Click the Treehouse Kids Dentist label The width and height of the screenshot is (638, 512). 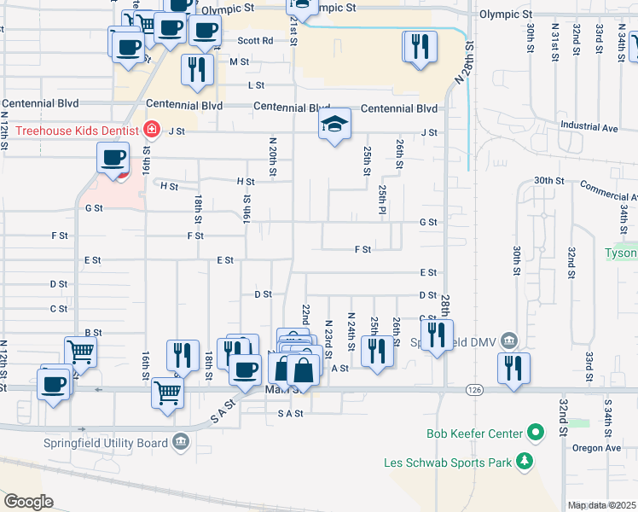click(x=71, y=130)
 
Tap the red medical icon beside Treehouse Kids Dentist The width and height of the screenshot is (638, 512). click(x=152, y=130)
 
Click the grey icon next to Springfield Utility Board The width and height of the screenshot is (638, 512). click(x=181, y=442)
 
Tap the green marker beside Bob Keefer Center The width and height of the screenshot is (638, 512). click(x=536, y=433)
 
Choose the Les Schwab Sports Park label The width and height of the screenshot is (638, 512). click(x=446, y=463)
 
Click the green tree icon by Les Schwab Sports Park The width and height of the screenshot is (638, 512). click(x=525, y=463)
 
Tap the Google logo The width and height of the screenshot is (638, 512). click(x=29, y=502)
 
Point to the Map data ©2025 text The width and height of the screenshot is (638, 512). click(x=602, y=505)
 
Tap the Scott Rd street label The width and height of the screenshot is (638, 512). click(x=255, y=40)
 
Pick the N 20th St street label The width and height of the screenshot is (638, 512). click(x=273, y=158)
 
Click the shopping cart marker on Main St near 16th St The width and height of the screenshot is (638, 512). click(x=168, y=393)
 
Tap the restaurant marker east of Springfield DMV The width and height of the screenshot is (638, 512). click(x=513, y=369)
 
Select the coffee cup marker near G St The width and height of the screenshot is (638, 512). click(x=113, y=158)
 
